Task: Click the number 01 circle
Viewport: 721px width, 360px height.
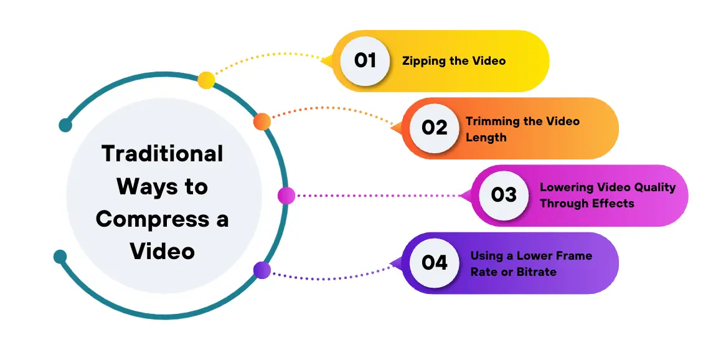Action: (x=365, y=60)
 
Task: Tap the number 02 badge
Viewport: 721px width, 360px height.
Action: (x=435, y=128)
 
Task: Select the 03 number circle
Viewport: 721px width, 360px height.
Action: (x=504, y=195)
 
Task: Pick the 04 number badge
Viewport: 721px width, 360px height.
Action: (x=435, y=262)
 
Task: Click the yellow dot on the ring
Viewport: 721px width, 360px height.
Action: (x=206, y=80)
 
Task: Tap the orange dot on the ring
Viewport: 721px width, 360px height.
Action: (x=262, y=121)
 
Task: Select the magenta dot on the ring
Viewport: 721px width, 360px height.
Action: (x=286, y=196)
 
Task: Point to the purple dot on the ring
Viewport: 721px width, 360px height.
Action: (x=262, y=270)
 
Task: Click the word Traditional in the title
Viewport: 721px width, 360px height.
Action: (x=162, y=153)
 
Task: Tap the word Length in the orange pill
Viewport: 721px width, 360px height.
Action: (x=486, y=137)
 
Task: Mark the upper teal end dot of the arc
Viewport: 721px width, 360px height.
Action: (x=65, y=125)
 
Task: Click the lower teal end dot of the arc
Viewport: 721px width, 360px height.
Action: (x=60, y=256)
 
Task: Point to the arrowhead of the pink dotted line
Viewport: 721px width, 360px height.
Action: (x=463, y=196)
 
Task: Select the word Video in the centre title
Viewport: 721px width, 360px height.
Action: (x=162, y=251)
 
